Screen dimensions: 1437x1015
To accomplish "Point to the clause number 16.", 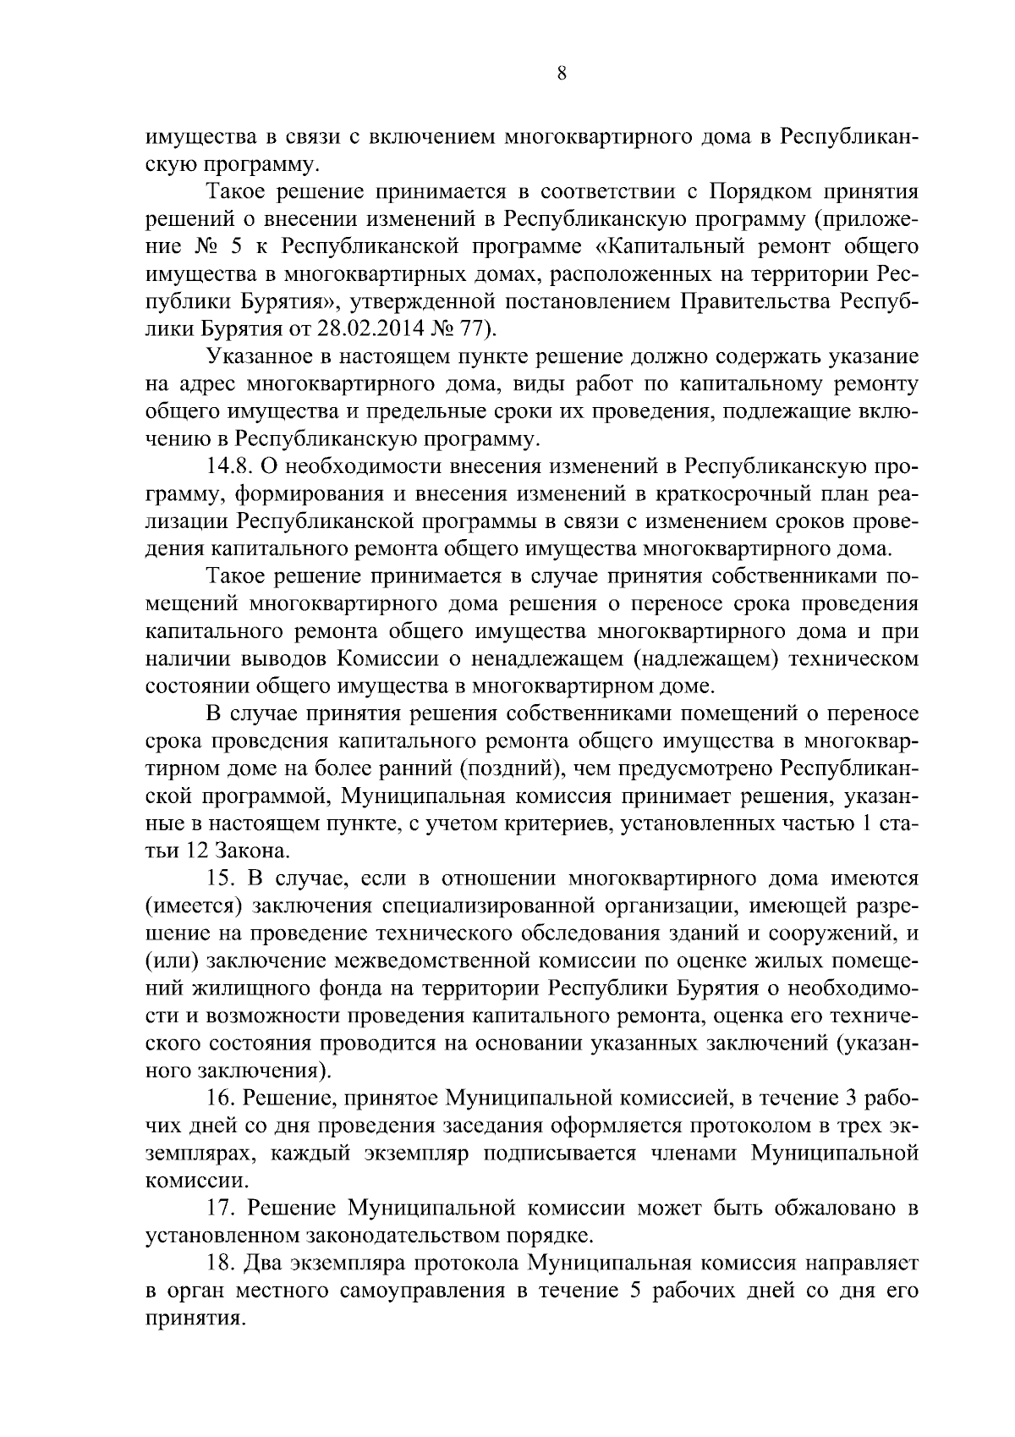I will pos(222,1098).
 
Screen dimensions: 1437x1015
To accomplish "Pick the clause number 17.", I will pos(222,1208).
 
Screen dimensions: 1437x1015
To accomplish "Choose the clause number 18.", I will pos(222,1263).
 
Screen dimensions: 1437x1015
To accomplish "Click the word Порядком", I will pos(759,191).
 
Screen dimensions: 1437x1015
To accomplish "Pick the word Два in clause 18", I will pos(263,1263).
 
